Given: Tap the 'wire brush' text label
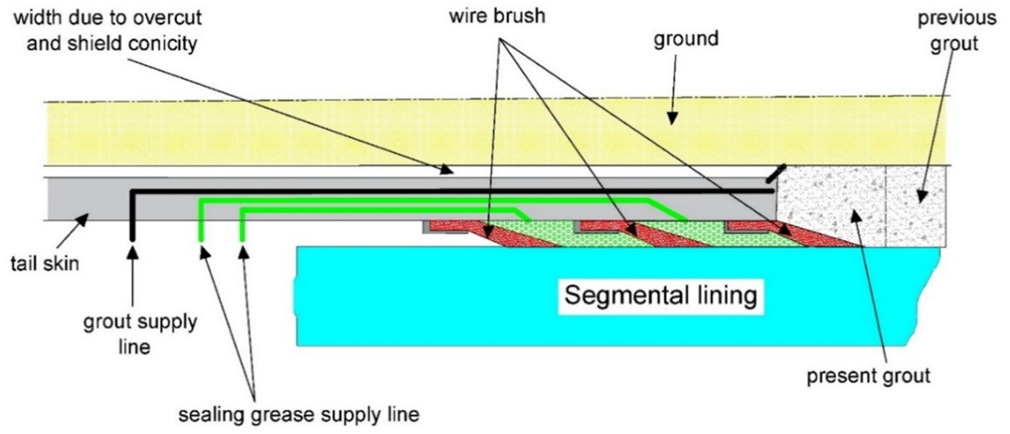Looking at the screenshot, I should (497, 16).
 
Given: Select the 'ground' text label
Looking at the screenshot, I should (686, 39).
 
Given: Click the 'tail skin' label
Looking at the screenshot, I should (45, 264).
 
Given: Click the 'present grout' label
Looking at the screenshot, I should (868, 376).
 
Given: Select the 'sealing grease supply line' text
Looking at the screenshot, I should (299, 414).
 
